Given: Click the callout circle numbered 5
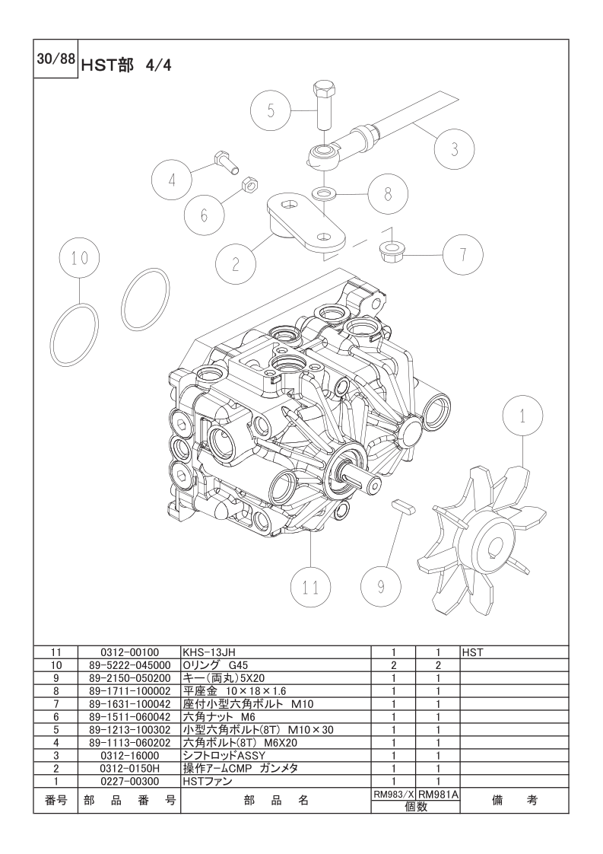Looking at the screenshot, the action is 271,110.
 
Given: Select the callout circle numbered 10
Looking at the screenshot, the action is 80,257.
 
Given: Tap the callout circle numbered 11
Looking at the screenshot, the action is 311,587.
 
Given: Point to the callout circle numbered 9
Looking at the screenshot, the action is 381,587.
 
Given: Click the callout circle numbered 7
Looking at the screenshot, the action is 463,254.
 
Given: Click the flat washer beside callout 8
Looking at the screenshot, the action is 325,193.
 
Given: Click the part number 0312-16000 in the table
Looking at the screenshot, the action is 129,755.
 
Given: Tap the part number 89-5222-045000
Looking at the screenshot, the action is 129,665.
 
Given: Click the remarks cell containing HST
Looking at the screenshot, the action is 472,652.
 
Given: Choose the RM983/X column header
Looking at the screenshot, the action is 393,795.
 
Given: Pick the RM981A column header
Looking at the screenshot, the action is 438,795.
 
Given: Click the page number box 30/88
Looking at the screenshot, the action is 56,59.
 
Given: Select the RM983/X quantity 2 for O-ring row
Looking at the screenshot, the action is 393,665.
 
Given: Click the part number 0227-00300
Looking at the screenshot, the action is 129,782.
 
